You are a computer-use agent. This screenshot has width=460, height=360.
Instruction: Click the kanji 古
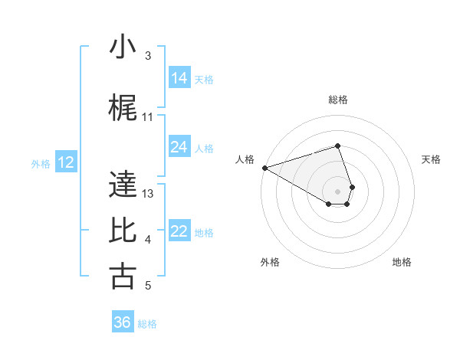pyautogui.click(x=123, y=277)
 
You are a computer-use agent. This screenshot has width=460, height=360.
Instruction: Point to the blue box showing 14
pyautogui.click(x=179, y=78)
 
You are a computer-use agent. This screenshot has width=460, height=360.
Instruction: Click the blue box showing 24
pyautogui.click(x=179, y=147)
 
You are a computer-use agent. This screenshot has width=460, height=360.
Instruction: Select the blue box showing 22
pyautogui.click(x=179, y=231)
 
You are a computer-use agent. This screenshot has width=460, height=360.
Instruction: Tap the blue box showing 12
pyautogui.click(x=66, y=162)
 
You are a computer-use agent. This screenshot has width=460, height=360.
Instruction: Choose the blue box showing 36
pyautogui.click(x=123, y=322)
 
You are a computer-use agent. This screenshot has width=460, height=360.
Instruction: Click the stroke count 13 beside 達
pyautogui.click(x=148, y=194)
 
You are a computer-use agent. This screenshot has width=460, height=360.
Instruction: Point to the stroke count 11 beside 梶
pyautogui.click(x=148, y=117)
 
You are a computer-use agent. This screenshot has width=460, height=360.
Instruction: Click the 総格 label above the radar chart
pyautogui.click(x=338, y=100)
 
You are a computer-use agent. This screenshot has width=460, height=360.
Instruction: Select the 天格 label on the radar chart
pyautogui.click(x=432, y=159)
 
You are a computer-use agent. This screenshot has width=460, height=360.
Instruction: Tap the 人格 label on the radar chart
pyautogui.click(x=245, y=159)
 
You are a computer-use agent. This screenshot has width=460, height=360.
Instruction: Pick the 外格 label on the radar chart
pyautogui.click(x=270, y=262)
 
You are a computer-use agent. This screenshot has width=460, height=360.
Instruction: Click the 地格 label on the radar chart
pyautogui.click(x=402, y=262)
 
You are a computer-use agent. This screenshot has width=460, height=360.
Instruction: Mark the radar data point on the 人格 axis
pyautogui.click(x=264, y=168)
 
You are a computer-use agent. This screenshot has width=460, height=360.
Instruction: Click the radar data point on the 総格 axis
pyautogui.click(x=338, y=146)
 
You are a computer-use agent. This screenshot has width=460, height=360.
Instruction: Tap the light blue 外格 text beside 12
pyautogui.click(x=41, y=163)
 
